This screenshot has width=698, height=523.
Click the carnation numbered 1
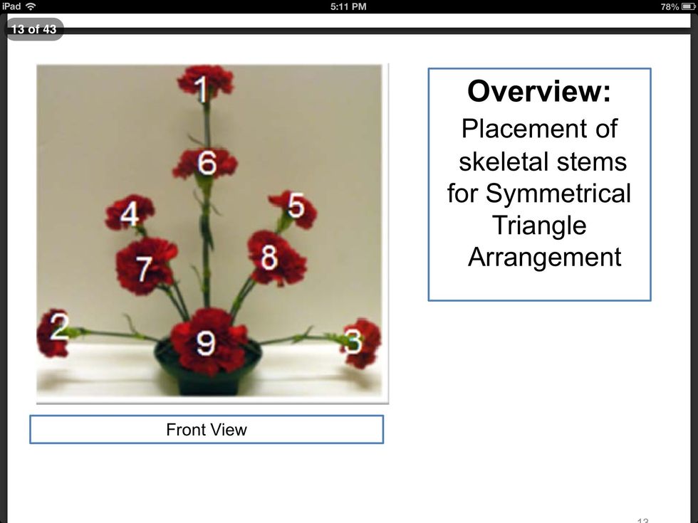(205, 82)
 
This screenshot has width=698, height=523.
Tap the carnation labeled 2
(53, 334)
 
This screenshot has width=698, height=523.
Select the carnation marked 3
(363, 343)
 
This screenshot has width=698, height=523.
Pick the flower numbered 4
(130, 213)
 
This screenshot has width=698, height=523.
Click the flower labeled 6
(205, 163)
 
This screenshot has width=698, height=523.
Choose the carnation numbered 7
(145, 265)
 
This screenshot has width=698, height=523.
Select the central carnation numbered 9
(208, 341)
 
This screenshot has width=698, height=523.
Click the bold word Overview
(539, 91)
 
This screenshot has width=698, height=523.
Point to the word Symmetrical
(558, 194)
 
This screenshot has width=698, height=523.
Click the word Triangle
(539, 226)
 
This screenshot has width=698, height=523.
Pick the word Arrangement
(544, 258)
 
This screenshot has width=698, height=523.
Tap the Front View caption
(207, 430)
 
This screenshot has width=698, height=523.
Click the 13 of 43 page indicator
(34, 29)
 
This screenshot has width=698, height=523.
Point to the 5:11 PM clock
(348, 6)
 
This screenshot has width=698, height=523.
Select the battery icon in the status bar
(688, 6)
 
